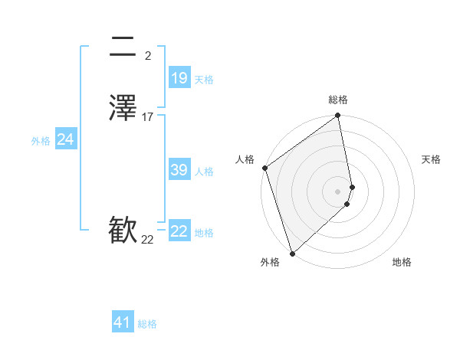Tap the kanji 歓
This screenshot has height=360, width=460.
coord(123,231)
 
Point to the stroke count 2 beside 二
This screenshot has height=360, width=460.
coord(147,55)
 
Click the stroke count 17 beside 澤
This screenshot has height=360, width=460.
coord(147,117)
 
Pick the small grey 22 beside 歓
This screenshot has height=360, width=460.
coord(147,240)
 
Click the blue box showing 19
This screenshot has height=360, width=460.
coord(179,77)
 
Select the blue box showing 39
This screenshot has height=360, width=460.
coord(179,170)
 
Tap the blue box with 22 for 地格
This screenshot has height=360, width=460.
coord(179,231)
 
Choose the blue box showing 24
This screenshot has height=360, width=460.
coord(66,139)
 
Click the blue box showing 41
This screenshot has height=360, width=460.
coord(123,323)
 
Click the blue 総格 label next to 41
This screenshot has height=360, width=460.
coord(147,325)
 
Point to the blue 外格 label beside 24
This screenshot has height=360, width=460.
coord(41,141)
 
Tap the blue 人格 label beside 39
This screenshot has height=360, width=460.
coord(204,172)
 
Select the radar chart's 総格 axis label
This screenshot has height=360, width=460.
coord(338,100)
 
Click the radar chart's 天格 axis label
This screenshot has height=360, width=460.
coord(431,159)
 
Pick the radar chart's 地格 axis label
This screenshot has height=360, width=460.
coord(402,263)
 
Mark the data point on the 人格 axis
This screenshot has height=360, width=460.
coord(264,168)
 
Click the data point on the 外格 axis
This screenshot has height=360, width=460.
coord(292,254)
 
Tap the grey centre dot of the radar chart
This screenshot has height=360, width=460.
coord(338,191)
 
